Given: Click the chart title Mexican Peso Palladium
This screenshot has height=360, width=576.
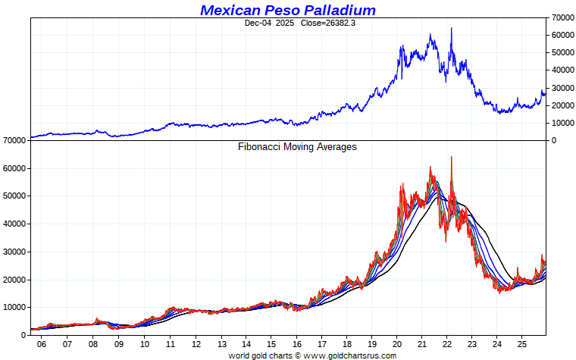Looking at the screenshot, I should (x=288, y=10).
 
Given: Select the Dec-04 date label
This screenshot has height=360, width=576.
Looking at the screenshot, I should (x=258, y=23).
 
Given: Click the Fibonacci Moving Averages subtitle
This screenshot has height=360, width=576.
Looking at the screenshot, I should (x=297, y=147).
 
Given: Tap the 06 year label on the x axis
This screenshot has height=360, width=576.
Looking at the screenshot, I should (x=42, y=344).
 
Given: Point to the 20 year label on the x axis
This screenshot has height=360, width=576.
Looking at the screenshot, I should (x=397, y=344).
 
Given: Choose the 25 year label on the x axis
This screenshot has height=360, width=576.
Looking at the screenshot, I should (x=522, y=344).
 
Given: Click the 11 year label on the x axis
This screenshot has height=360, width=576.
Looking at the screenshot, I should (x=171, y=344).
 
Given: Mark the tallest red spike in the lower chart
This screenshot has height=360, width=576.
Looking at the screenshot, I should (x=451, y=158).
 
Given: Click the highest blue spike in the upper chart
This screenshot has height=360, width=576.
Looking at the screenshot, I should (x=451, y=29).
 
